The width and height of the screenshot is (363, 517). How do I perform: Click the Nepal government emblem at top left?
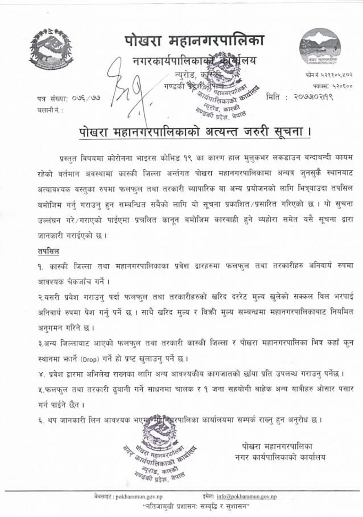click(x=51, y=49)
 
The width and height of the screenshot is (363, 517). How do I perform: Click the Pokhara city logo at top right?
click(x=319, y=47)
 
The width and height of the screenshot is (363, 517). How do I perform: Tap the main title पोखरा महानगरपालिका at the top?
click(x=194, y=41)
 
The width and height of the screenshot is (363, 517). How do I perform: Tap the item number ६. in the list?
click(x=37, y=419)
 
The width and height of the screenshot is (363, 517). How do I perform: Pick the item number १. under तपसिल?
click(x=37, y=266)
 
